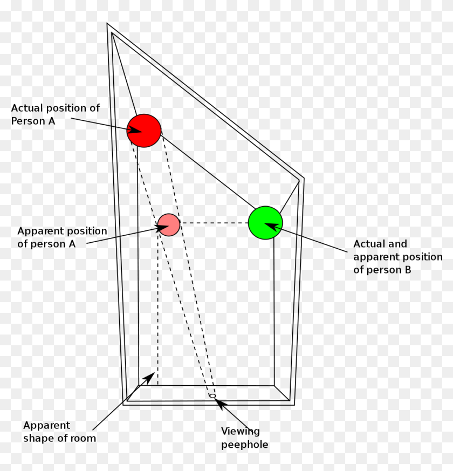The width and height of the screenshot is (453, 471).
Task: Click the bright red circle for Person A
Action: click(144, 130)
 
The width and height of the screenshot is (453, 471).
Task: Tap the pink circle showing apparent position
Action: click(168, 224)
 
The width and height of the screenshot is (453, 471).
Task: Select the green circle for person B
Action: click(265, 222)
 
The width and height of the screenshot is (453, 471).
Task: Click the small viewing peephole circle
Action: click(212, 396)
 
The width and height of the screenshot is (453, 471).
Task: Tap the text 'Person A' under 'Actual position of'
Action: click(33, 121)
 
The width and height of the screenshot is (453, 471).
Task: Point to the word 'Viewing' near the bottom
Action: click(241, 431)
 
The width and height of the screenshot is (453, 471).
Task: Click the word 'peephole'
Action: click(244, 445)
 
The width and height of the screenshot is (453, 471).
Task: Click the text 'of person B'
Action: click(382, 270)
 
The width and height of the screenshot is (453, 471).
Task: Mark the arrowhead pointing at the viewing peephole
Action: click(219, 402)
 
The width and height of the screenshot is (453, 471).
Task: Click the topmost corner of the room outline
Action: click(107, 24)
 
